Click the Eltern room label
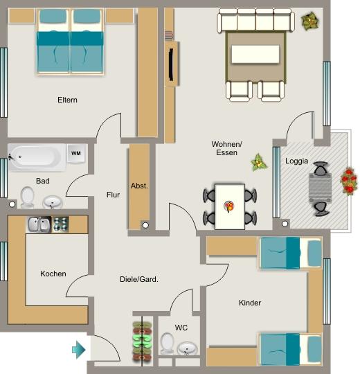[x=67, y=100]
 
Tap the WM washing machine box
[x=75, y=153]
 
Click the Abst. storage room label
[x=139, y=186]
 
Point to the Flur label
[x=113, y=195]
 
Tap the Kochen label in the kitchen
[x=53, y=274]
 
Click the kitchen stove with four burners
[x=61, y=224]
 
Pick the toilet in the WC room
[x=167, y=343]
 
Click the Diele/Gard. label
[x=139, y=280]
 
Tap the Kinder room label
[x=250, y=303]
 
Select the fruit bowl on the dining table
[x=229, y=206]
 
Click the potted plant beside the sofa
[x=311, y=21]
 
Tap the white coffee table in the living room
[x=256, y=54]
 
